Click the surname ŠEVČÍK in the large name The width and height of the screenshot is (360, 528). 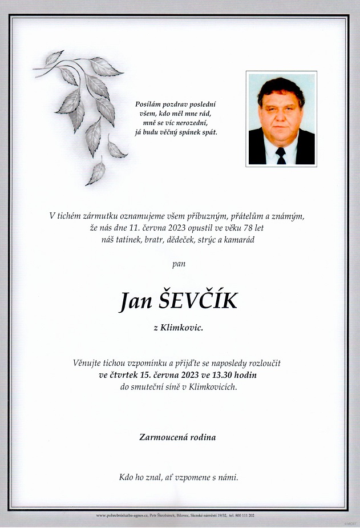196,301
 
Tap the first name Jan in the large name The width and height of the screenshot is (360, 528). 133,301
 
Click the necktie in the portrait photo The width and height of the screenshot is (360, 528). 281,155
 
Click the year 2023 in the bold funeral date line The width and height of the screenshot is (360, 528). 184,375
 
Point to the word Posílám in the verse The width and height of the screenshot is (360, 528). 148,104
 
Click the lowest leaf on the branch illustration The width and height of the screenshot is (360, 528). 96,174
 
